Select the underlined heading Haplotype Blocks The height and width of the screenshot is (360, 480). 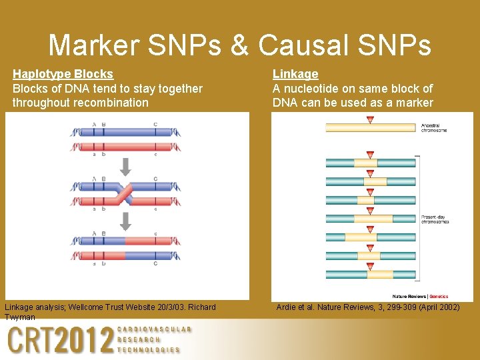[x=63, y=74]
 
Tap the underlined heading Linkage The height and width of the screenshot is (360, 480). [x=295, y=74]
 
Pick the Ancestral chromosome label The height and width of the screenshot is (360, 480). [x=434, y=127]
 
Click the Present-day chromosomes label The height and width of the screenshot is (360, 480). [x=435, y=219]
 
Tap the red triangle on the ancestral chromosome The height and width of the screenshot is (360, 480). [x=370, y=120]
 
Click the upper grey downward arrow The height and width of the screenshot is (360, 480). [x=125, y=165]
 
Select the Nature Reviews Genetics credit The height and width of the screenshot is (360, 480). [x=420, y=296]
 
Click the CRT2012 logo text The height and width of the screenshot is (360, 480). [x=60, y=341]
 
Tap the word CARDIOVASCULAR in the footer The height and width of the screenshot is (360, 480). [x=154, y=329]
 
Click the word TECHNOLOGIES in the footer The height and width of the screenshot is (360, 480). [x=148, y=350]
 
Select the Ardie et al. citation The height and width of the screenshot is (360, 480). [x=367, y=307]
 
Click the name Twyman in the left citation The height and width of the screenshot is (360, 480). [x=20, y=317]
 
